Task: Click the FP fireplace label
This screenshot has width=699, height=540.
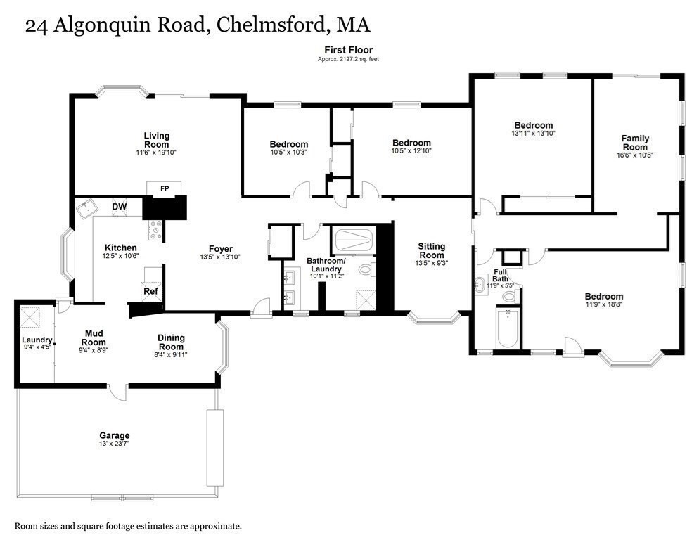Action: point(165,188)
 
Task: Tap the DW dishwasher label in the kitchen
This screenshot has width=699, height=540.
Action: point(119,206)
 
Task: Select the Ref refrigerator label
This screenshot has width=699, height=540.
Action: point(150,291)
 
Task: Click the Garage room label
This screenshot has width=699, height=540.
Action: point(114,435)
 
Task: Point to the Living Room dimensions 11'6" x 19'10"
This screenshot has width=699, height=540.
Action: point(156,153)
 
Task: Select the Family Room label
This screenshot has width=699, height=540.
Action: point(635,143)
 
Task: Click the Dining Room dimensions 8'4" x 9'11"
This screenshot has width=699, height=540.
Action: point(171,354)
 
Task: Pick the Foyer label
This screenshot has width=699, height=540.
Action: point(220,248)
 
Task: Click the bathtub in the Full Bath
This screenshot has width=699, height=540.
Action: point(507,328)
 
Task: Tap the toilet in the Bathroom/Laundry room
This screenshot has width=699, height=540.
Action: point(366,269)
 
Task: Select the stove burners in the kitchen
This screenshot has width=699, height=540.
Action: point(155,229)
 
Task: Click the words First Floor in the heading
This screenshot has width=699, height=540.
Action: point(348,49)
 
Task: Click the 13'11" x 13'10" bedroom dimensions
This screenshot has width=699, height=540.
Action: point(533,134)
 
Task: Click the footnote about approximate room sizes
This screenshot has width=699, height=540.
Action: point(129,525)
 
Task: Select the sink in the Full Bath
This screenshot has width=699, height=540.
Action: point(482,285)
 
